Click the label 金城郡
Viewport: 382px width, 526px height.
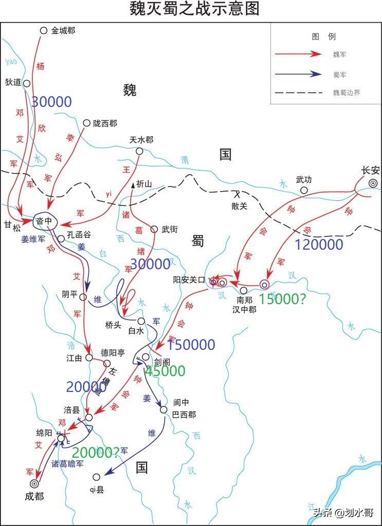point(63,31)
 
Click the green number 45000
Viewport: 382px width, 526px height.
point(165,371)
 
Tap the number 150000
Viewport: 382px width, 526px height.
point(191,345)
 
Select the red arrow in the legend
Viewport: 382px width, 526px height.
point(297,54)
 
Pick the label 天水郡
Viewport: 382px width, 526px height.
point(140,140)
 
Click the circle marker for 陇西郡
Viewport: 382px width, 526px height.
point(87,123)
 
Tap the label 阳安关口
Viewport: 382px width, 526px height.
point(189,280)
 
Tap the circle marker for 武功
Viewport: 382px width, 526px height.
point(304,191)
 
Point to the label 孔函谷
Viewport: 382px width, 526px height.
point(79,235)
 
